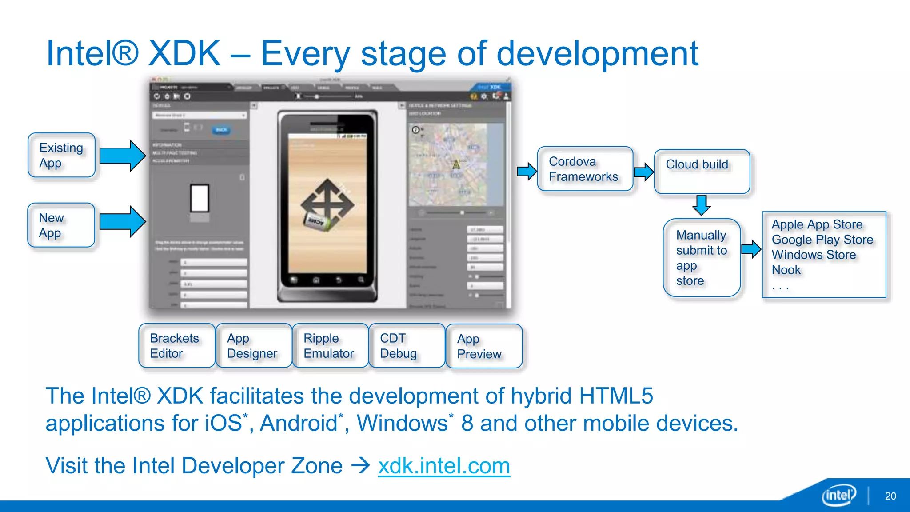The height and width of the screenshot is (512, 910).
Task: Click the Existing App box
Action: (x=61, y=155)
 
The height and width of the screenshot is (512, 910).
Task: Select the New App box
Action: (x=61, y=225)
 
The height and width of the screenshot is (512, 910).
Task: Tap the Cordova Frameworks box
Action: (x=584, y=169)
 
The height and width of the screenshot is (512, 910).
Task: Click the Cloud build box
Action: (x=702, y=172)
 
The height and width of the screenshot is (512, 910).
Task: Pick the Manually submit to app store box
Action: (x=701, y=258)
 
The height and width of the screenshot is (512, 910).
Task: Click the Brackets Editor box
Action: (x=177, y=346)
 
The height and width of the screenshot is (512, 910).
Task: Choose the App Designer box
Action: (x=253, y=346)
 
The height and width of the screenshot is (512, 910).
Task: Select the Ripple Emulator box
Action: (x=330, y=346)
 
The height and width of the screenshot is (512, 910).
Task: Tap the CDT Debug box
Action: (x=407, y=346)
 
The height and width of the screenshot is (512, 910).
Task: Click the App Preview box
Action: (x=483, y=346)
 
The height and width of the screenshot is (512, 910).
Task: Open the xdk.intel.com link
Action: (x=444, y=466)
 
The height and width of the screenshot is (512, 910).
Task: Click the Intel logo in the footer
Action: (x=838, y=495)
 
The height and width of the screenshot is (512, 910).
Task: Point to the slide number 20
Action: (x=890, y=496)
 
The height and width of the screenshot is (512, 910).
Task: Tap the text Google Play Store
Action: (x=822, y=240)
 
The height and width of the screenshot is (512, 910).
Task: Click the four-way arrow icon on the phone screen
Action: (x=327, y=204)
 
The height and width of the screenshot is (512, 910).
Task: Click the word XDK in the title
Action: (x=184, y=53)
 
